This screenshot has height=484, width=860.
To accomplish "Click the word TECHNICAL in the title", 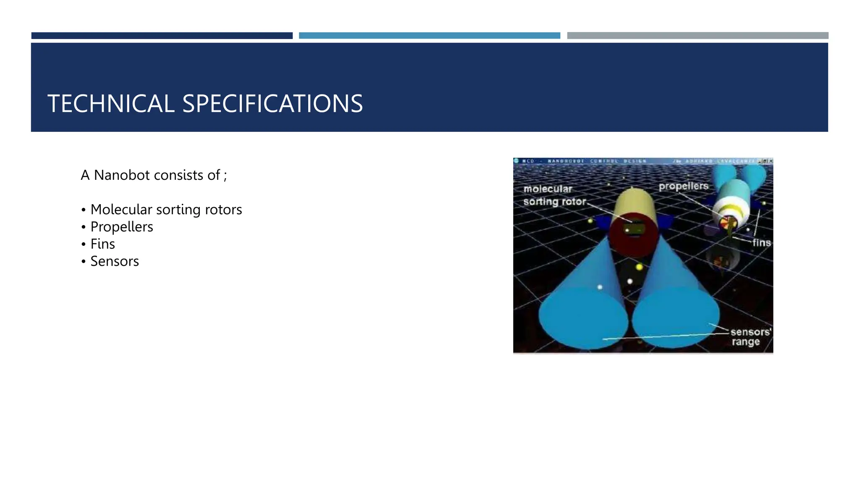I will point(111,104).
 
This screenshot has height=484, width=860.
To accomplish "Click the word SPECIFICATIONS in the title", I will point(273,104).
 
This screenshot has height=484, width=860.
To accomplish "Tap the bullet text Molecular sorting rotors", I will point(166,210).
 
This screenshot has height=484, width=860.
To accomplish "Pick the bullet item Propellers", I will point(122,227).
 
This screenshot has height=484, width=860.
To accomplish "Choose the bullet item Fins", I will point(102,244).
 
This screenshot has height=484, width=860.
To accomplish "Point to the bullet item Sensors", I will point(115,261).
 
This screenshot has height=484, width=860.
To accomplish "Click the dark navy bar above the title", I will point(162,36).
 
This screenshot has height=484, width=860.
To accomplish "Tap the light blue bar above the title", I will point(429,36).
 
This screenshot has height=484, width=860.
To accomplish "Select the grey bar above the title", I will point(697,36).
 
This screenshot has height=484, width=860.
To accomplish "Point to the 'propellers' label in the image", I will point(683,186).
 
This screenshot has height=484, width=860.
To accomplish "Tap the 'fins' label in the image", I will point(761,243).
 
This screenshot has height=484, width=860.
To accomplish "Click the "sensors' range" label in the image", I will point(750,337).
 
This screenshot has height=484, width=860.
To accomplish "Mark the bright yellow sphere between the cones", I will point(639,267).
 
